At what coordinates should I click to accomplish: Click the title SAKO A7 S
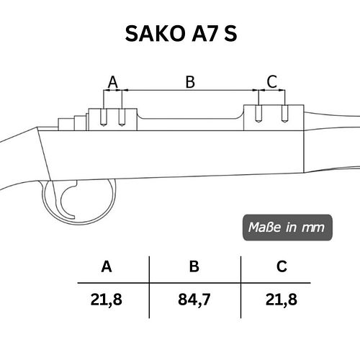181,34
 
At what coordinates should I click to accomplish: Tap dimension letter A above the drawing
113,82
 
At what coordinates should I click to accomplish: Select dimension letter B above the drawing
190,82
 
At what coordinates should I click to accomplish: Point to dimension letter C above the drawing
272,81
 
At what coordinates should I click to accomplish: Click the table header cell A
107,266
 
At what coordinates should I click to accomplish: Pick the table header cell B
194,266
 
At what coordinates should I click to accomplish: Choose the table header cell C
282,266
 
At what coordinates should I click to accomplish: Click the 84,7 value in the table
194,300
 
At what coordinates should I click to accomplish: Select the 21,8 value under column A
107,300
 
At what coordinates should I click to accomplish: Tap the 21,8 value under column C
282,300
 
